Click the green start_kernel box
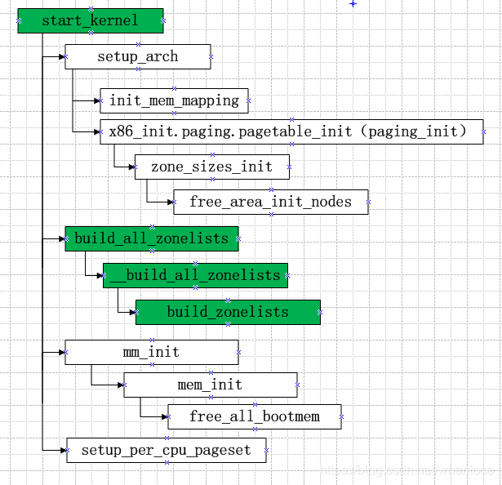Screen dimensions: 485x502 point(90,20)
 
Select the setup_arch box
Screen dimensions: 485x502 point(137,56)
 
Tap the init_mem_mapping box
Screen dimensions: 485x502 point(174,100)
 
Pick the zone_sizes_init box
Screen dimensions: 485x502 point(211,167)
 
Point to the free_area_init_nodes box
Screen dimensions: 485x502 point(270,202)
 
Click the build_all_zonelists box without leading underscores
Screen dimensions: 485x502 point(152,238)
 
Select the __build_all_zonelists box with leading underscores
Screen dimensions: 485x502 point(195,275)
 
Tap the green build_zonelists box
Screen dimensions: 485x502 point(228,312)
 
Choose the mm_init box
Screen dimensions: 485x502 point(151,352)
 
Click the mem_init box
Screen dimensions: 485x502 point(210,385)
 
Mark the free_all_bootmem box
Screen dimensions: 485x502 point(254,416)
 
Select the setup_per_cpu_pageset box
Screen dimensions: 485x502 point(166,450)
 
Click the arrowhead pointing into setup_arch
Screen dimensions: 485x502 point(61,56)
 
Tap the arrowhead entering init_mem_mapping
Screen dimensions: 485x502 point(96,100)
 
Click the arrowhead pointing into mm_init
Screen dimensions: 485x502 point(61,352)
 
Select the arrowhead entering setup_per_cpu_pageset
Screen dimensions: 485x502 point(63,450)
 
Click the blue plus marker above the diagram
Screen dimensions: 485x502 point(353,4)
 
